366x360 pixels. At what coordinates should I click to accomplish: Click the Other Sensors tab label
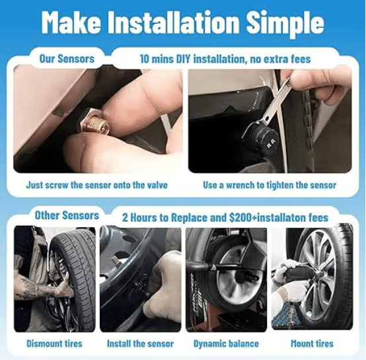66,215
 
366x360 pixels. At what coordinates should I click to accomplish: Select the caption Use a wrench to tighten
270,185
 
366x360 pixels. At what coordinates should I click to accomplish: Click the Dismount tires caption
55,343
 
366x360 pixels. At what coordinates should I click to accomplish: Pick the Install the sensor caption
141,343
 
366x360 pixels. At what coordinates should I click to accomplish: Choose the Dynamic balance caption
226,343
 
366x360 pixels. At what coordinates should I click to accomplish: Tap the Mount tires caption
312,343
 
